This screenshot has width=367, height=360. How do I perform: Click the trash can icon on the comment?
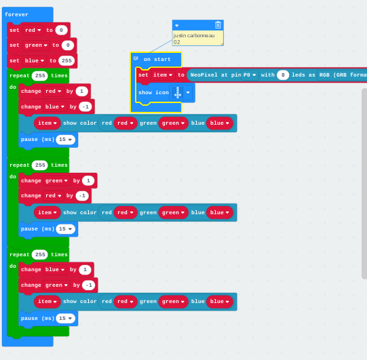[218, 25]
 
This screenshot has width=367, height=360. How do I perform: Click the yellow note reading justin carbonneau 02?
[198, 39]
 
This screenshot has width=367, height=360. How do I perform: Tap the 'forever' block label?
[16, 14]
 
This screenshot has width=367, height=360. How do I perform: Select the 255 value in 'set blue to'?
[66, 60]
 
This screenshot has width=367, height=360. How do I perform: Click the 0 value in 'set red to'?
[61, 31]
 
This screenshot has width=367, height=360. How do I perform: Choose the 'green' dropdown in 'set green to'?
[36, 45]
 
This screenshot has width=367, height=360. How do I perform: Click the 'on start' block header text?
[157, 60]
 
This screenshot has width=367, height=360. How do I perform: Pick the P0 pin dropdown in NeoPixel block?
[250, 75]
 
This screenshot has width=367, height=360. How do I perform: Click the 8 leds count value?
[283, 75]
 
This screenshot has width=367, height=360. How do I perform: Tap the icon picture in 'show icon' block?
[178, 93]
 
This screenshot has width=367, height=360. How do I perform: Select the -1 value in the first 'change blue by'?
[85, 106]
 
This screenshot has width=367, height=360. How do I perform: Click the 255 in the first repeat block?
[40, 75]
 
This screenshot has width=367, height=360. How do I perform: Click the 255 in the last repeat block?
[40, 254]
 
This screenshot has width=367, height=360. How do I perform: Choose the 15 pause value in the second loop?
[65, 228]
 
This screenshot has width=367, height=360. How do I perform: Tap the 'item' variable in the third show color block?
[47, 302]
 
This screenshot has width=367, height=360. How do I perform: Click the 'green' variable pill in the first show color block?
[173, 123]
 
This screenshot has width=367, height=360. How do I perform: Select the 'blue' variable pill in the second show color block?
[220, 213]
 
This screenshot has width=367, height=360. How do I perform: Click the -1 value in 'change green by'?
[89, 285]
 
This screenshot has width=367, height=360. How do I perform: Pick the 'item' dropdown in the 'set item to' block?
[163, 75]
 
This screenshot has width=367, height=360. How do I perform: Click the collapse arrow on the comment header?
[177, 26]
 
